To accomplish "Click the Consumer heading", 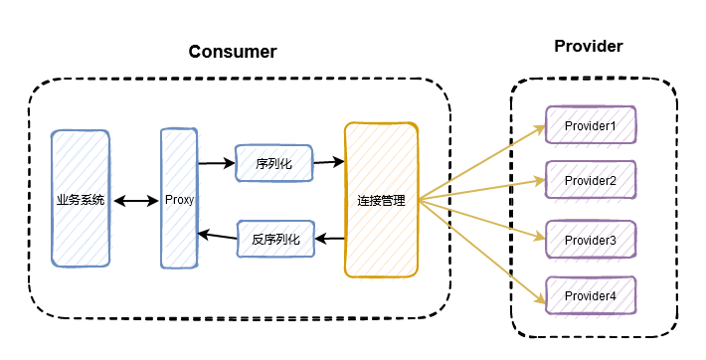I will (233, 52).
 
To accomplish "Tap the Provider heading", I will (589, 47).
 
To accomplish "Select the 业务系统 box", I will (81, 200).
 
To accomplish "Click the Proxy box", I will (179, 200).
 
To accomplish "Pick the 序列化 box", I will (273, 163).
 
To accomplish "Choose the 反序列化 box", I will (275, 239).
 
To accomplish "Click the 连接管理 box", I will (381, 200).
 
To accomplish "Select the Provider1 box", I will (591, 126).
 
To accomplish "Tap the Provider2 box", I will (591, 181).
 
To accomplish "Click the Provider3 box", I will (591, 241).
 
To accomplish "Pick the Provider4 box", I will (591, 296).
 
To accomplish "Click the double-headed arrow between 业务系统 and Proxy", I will (136, 201).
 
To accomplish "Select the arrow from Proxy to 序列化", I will (216, 162).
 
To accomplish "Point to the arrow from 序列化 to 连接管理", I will (328, 161).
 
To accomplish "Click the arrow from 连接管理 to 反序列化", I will (330, 239).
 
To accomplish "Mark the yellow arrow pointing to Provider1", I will (482, 163).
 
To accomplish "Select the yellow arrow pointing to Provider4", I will (482, 249).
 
